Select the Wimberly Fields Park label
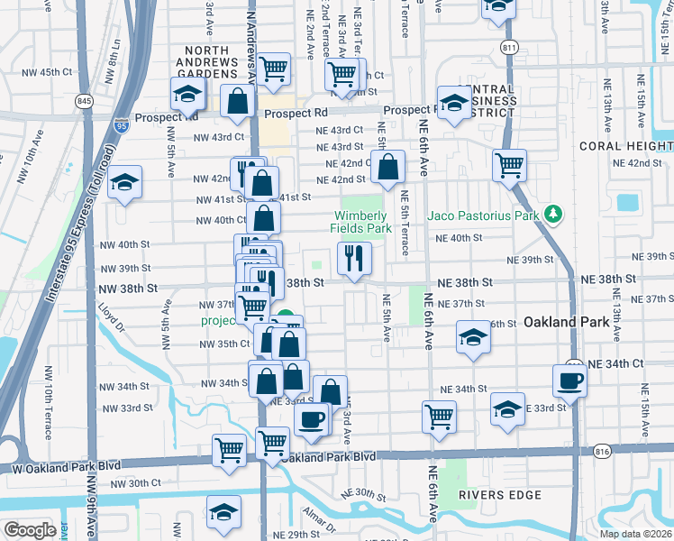pos(361,222)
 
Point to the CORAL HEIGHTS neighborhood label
pos(625,146)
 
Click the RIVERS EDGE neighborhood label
pos(499,495)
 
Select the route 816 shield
pos(603,449)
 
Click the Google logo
pos(30,529)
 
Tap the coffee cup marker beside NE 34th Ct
pos(569,380)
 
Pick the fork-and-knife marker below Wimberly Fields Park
pos(354,259)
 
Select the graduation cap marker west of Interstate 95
pos(125,182)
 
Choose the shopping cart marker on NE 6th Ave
pos(439,417)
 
